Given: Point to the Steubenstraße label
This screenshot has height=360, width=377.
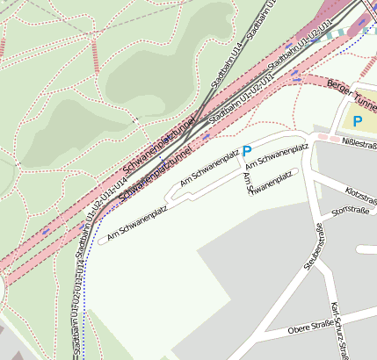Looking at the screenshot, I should click(309, 248).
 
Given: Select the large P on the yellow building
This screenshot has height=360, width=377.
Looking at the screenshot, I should click(358, 120).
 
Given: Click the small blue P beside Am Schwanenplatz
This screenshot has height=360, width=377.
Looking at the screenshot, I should click(247, 151).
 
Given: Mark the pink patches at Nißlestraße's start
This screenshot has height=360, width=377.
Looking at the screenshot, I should click(324, 138).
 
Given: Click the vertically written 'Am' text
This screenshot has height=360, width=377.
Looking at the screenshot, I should click(246, 179).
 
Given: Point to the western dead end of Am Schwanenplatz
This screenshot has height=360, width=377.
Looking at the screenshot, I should click(100, 241).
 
